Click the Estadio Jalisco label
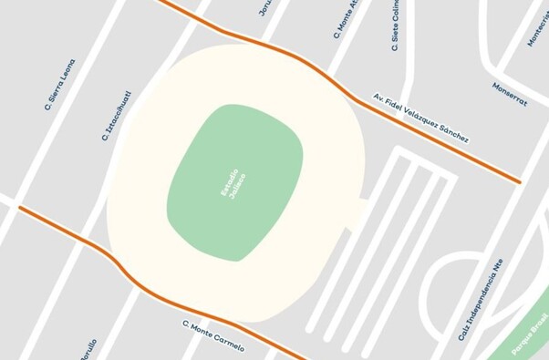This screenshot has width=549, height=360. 233,183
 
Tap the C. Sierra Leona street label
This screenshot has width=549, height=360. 60,85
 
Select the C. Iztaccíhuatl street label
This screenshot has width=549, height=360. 118,116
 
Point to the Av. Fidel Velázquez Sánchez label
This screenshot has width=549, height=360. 421,118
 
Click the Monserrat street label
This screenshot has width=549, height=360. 510,95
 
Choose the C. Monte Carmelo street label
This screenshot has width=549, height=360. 213,336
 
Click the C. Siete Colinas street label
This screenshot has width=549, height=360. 396,25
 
